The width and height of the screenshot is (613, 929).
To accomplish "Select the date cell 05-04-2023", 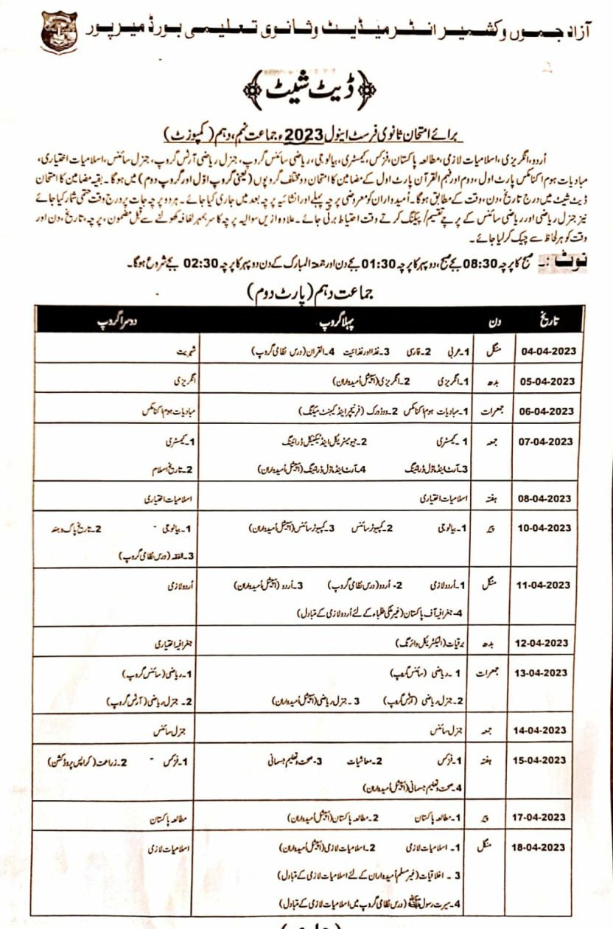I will [x=544, y=381].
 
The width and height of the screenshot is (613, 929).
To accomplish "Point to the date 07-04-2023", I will [x=544, y=442].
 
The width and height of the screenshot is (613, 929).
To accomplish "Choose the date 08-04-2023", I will [x=544, y=499].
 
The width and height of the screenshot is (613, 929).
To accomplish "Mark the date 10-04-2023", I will [x=544, y=528].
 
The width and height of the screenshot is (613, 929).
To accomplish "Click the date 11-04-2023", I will [x=544, y=585].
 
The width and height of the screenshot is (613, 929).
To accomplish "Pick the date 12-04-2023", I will [x=544, y=643].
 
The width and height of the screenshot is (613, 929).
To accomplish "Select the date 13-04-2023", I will [x=544, y=672].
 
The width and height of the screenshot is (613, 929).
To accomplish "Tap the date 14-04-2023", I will [x=544, y=730].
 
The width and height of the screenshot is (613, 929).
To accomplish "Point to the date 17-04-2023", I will [x=544, y=817].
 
